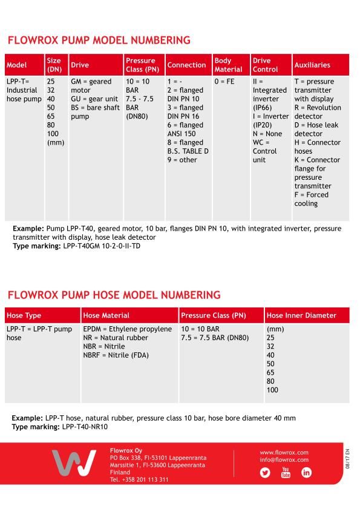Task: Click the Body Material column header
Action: pyautogui.click(x=228, y=65)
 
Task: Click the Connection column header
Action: pyautogui.click(x=187, y=65)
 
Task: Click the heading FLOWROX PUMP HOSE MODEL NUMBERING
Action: pyautogui.click(x=113, y=295)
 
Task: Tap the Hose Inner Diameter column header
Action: pyautogui.click(x=301, y=315)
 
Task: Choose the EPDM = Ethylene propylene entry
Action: pyautogui.click(x=128, y=329)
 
